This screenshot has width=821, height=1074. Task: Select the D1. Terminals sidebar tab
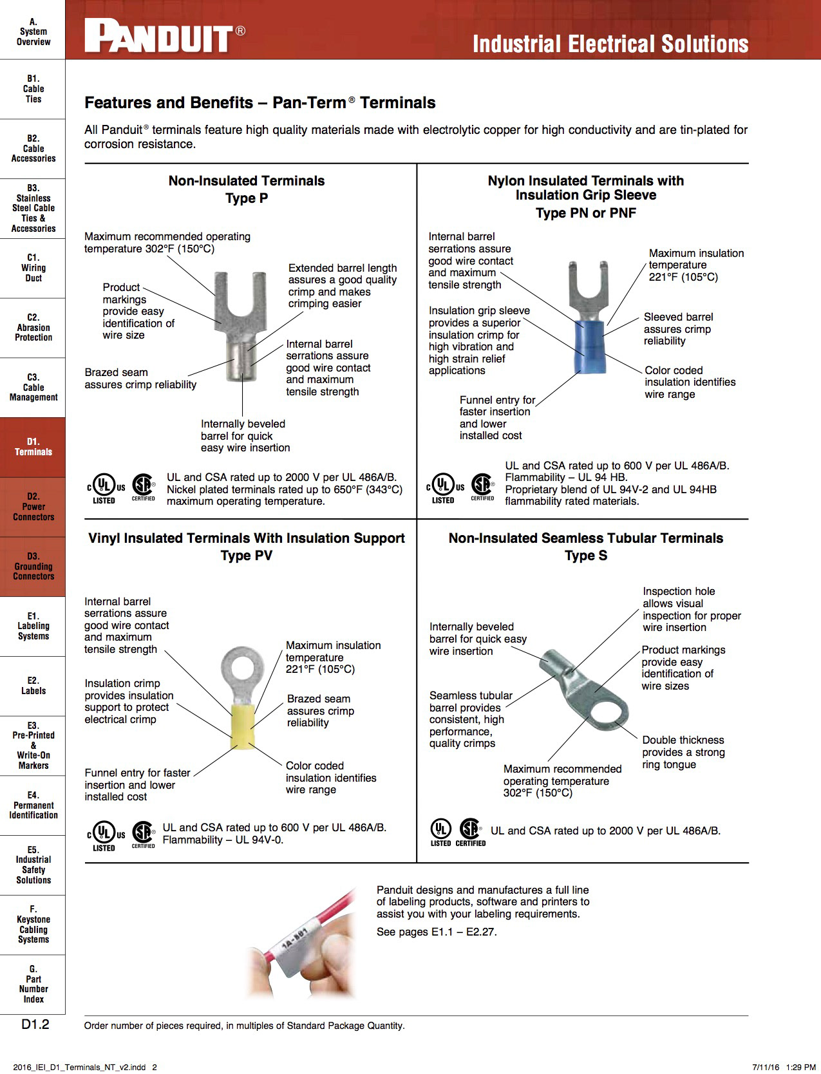(33, 447)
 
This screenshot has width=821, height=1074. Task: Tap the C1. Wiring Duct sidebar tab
(33, 268)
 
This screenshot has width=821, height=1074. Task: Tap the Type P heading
(247, 198)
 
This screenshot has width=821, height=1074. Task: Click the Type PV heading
(247, 556)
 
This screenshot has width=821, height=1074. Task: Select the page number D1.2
(35, 1024)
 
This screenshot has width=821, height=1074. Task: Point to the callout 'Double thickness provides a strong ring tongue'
(683, 752)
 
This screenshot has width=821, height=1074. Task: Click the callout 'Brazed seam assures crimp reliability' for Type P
(140, 379)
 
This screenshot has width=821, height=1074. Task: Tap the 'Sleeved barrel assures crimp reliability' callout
(678, 329)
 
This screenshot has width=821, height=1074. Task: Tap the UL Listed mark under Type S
(440, 832)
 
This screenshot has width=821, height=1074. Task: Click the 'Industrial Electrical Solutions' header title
(610, 44)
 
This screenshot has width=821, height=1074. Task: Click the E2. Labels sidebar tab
(33, 686)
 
